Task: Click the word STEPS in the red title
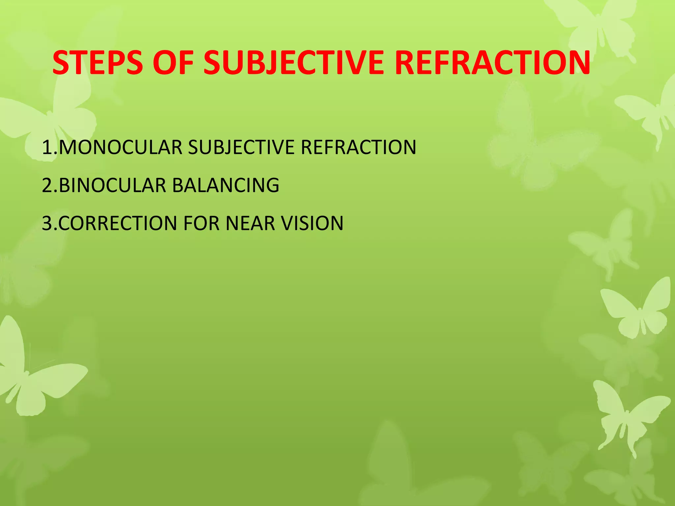pyautogui.click(x=98, y=63)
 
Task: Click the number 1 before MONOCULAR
pyautogui.click(x=46, y=147)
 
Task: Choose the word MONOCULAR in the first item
pyautogui.click(x=121, y=147)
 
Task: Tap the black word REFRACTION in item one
pyautogui.click(x=359, y=147)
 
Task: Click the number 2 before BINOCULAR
pyautogui.click(x=47, y=185)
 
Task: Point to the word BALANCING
pyautogui.click(x=226, y=185)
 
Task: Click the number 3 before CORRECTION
pyautogui.click(x=47, y=223)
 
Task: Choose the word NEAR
pyautogui.click(x=250, y=223)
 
